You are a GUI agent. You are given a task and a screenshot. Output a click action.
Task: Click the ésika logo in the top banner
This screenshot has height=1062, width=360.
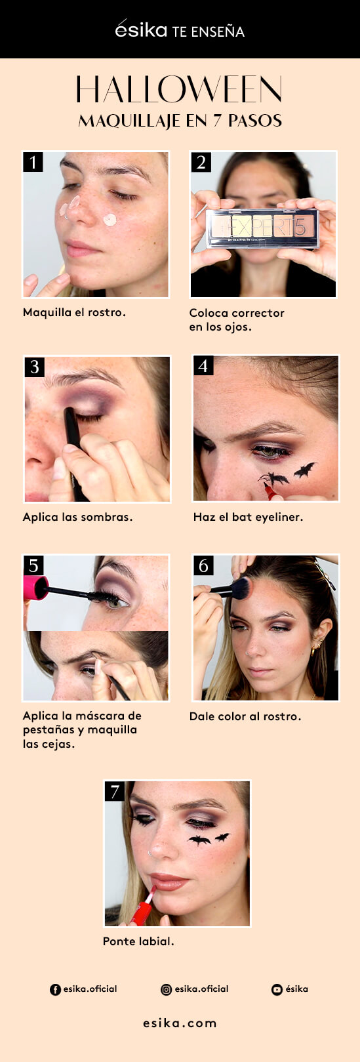(141, 30)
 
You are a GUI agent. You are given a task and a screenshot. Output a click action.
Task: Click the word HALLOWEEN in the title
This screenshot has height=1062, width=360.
(180, 89)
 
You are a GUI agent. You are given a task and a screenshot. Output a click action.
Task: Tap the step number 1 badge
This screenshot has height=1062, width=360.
(33, 162)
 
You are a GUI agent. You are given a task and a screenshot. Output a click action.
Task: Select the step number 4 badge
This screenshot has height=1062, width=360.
(203, 365)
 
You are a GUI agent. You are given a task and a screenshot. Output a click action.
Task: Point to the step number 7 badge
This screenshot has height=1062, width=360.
(115, 791)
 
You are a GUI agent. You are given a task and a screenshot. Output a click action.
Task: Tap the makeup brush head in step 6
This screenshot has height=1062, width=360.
(241, 588)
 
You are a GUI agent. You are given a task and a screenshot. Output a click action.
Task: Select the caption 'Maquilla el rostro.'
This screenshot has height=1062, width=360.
(74, 312)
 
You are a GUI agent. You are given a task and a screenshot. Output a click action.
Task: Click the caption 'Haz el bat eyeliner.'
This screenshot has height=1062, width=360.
(248, 518)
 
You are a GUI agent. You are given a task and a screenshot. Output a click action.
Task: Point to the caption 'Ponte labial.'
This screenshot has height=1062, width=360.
(138, 941)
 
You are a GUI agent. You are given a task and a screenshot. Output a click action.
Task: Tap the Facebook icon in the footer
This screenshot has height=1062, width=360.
(56, 989)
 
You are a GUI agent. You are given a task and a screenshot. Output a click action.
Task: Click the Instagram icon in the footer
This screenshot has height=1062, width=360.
(167, 989)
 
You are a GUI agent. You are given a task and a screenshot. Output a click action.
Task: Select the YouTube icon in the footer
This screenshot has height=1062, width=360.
(277, 989)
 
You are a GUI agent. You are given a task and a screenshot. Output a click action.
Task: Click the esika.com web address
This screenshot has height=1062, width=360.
(180, 1023)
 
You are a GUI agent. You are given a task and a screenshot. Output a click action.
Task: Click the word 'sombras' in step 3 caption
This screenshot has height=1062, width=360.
(110, 518)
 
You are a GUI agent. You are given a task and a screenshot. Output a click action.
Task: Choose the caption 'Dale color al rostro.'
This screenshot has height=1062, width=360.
(245, 716)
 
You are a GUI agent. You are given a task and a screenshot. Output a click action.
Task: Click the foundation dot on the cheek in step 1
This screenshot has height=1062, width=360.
(110, 220)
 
